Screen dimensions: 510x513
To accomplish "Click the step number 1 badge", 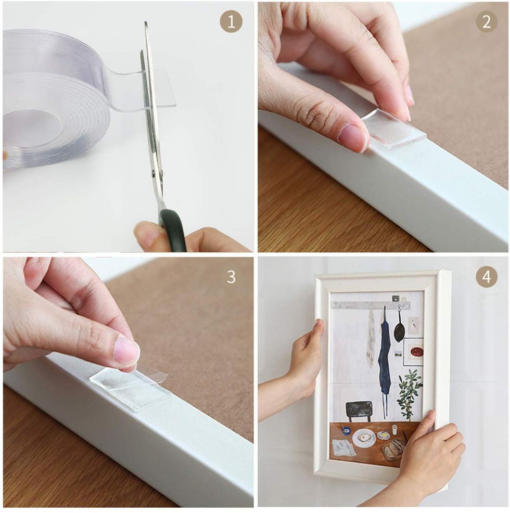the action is coord(231,22).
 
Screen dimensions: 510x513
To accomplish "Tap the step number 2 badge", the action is coord(487,22).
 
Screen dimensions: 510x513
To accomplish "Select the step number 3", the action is coord(231,277).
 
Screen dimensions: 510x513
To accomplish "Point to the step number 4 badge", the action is coord(487,277).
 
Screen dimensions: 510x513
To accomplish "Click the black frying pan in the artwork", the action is coord(399,327).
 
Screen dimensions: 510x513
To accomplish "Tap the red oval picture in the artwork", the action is coord(416,352).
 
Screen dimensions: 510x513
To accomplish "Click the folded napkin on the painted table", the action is coord(344,447).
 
